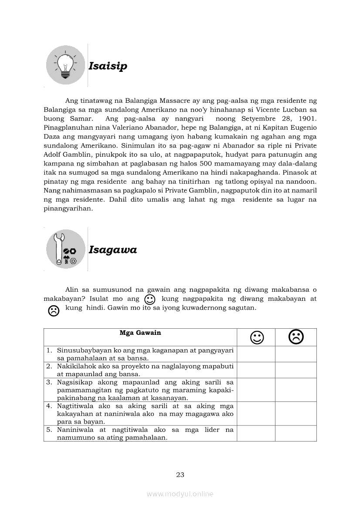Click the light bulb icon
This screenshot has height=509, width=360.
pos(65,65)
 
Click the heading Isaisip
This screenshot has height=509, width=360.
pos(108,66)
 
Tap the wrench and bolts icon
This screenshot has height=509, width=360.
pos(65,249)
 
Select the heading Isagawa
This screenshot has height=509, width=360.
pos(112,250)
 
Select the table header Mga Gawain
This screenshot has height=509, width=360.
pos(140,333)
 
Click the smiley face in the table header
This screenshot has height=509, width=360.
pos(257,337)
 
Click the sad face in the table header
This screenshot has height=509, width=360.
pos(296,337)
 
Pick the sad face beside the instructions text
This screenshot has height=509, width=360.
pos(54,310)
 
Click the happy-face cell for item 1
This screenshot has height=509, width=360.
pos(256,354)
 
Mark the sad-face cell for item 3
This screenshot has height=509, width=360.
pos(295,390)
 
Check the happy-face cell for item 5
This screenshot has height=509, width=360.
pos(256,433)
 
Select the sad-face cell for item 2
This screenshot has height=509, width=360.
pos(295,370)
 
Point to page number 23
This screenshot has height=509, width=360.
pos(180,475)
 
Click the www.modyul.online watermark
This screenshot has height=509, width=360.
pos(180,494)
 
